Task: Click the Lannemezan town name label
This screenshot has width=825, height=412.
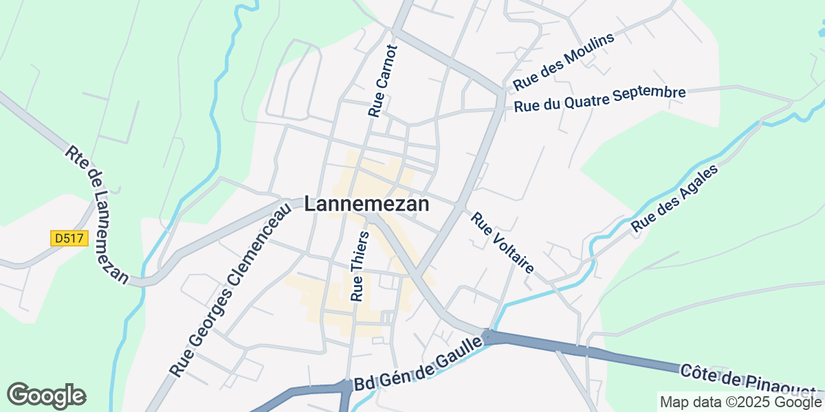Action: tap(366, 204)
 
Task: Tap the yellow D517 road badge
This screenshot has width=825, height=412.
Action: tap(69, 238)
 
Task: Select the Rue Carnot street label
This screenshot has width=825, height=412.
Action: tap(383, 81)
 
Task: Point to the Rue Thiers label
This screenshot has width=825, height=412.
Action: tap(360, 266)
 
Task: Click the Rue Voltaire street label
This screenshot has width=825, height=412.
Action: tap(503, 243)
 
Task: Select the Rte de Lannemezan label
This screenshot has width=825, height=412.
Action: tap(98, 214)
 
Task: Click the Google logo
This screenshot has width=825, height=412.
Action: tap(46, 396)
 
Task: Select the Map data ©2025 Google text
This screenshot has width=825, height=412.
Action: tap(740, 402)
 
